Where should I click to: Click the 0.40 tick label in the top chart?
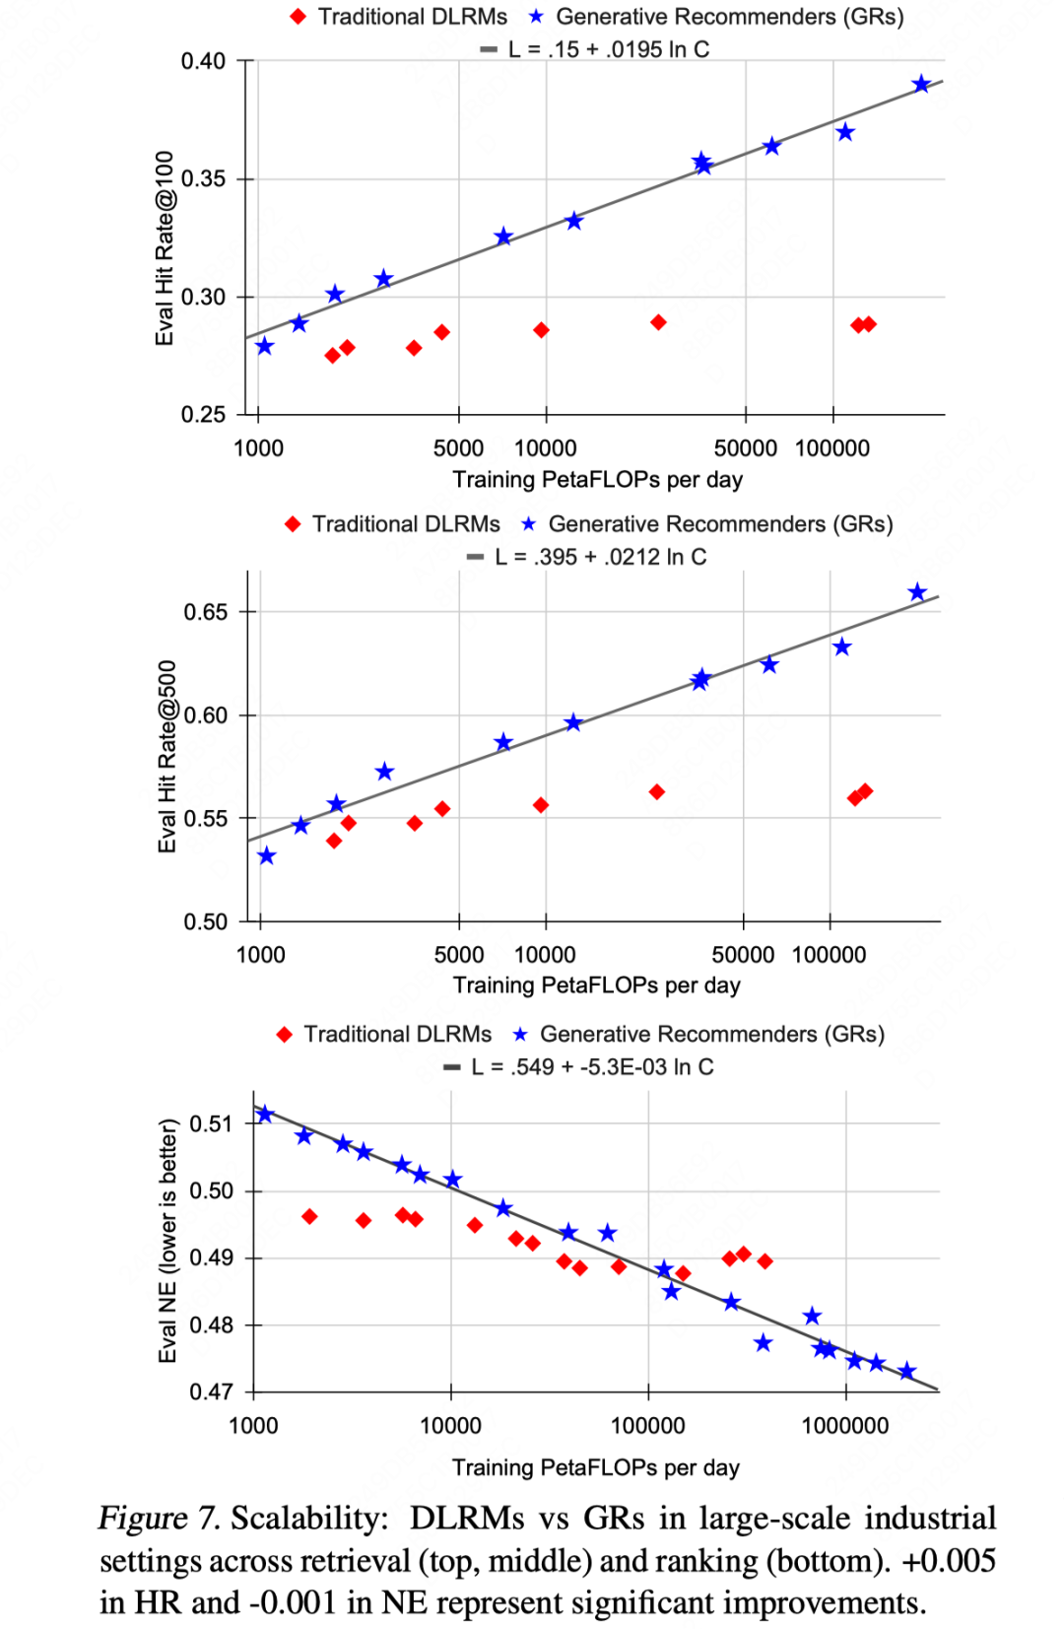203,61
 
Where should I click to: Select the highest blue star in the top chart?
921,84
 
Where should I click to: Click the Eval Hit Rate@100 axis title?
165,248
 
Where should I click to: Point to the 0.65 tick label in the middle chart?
205,612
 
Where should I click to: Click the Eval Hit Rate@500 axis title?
167,756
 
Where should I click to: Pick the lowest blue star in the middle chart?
267,855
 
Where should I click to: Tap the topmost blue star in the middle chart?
917,592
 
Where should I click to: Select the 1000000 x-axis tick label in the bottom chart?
845,1425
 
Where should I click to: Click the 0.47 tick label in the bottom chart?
211,1391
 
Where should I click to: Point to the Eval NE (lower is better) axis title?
168,1241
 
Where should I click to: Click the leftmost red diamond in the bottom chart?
309,1217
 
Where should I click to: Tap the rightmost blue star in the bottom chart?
907,1371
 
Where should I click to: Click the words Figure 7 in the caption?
159,1519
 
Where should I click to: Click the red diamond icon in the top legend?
299,17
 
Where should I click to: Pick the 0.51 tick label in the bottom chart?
211,1123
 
